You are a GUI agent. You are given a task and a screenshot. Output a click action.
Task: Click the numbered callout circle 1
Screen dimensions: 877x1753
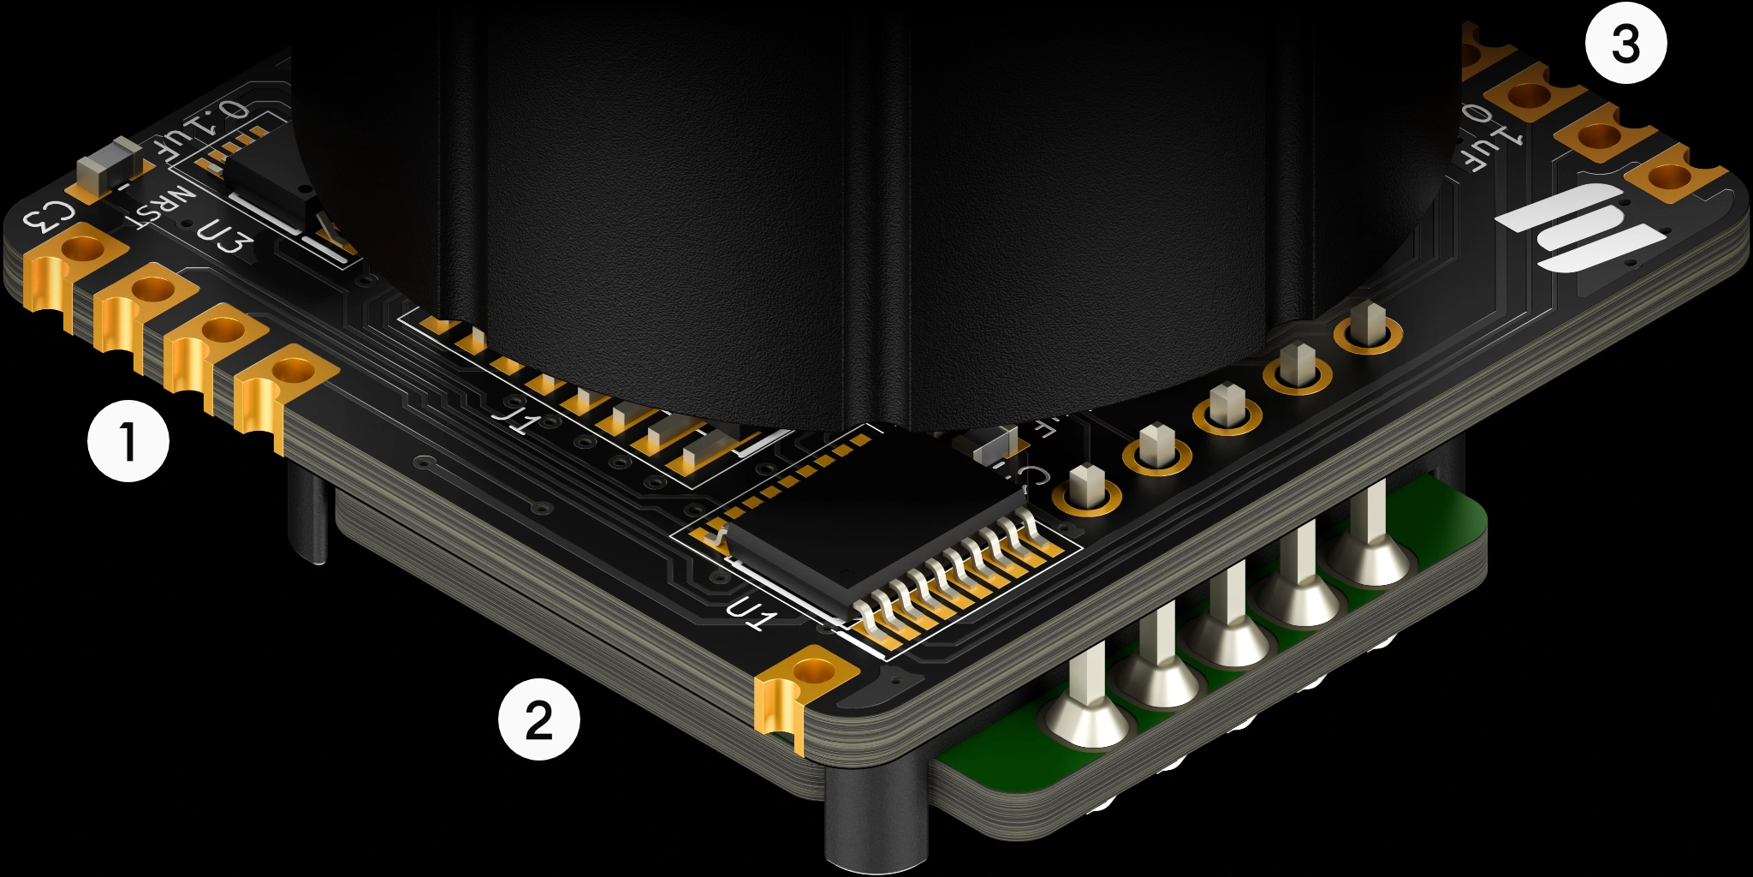click(x=128, y=441)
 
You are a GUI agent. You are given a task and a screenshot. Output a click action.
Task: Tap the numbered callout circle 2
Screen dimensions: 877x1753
click(x=539, y=719)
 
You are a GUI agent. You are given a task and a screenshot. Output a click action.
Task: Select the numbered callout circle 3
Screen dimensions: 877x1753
click(x=1625, y=43)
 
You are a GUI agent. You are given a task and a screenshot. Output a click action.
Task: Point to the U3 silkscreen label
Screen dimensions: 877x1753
click(x=225, y=237)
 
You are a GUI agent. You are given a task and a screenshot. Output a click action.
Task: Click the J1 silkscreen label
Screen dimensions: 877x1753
click(x=518, y=418)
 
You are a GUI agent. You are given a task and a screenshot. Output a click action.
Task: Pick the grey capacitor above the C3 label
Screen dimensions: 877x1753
click(x=109, y=167)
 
